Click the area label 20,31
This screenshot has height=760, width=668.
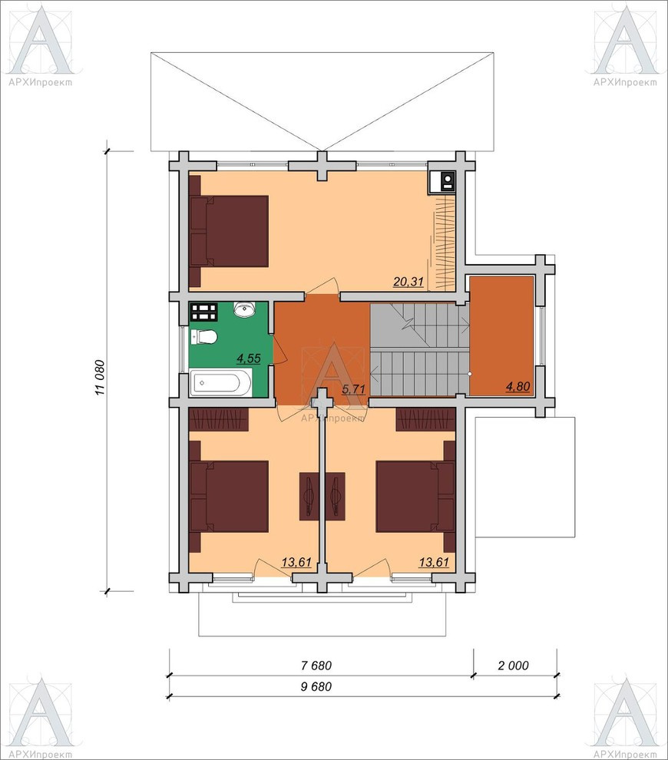click(x=408, y=282)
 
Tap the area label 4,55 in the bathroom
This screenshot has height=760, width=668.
click(x=249, y=359)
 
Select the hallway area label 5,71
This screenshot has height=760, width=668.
click(x=353, y=388)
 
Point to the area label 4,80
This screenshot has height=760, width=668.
click(x=518, y=386)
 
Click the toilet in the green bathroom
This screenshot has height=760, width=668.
click(x=203, y=336)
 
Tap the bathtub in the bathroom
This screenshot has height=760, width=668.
click(x=220, y=382)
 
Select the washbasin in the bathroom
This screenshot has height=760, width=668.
click(x=245, y=309)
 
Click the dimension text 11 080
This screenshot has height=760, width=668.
click(x=101, y=377)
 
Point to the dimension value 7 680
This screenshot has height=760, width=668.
click(x=316, y=666)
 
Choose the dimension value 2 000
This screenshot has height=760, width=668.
click(x=514, y=666)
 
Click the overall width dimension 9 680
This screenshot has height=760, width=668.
click(x=316, y=686)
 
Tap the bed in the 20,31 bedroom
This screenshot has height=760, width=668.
click(x=229, y=231)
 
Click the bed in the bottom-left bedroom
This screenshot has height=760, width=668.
click(x=229, y=497)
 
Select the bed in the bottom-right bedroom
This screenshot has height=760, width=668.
click(x=415, y=497)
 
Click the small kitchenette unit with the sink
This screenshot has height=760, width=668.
click(x=441, y=183)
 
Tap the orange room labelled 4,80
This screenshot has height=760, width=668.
click(x=501, y=335)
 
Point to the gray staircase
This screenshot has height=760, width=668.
click(x=419, y=349)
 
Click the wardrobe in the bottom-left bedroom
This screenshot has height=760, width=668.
click(x=219, y=419)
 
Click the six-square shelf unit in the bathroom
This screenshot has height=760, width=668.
click(x=203, y=312)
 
